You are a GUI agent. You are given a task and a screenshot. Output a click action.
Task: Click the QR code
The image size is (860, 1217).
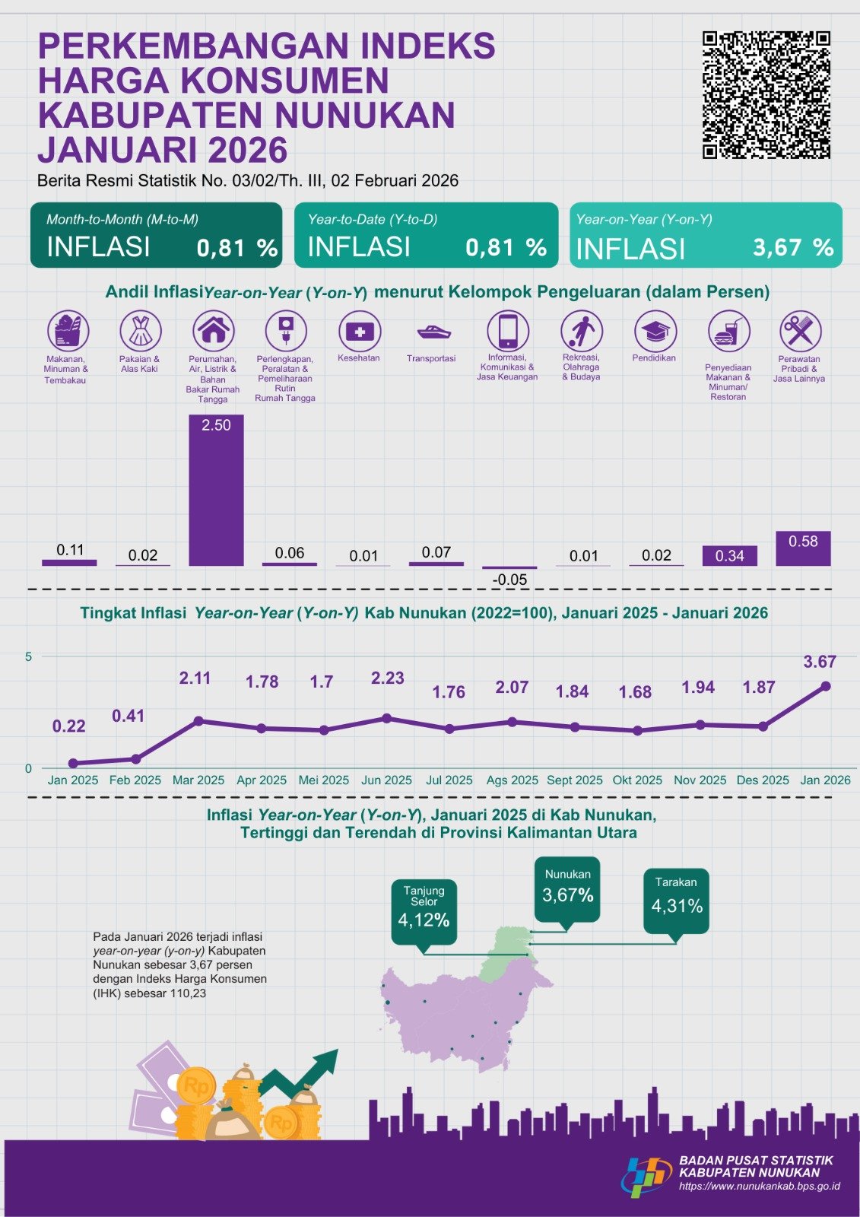(x=766, y=94)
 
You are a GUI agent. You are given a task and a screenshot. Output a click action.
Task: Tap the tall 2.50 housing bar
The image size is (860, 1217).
(x=216, y=491)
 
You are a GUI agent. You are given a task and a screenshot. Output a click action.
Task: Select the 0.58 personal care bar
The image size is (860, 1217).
(x=803, y=548)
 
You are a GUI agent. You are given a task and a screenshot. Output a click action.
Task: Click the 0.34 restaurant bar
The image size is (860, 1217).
(x=729, y=556)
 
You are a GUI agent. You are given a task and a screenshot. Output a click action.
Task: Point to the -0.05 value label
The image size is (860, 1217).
(x=509, y=580)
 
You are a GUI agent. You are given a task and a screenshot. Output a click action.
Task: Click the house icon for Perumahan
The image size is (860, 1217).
(x=213, y=331)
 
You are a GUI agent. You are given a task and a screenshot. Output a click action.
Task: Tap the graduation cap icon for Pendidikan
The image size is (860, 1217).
(x=655, y=332)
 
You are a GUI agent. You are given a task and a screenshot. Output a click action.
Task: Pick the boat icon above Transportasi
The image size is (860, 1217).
(x=433, y=332)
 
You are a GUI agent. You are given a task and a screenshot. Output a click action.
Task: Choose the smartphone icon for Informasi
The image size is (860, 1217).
(x=507, y=332)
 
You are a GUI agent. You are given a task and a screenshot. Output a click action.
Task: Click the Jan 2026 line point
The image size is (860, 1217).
(x=826, y=686)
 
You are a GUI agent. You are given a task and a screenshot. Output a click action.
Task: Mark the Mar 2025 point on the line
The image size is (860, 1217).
(x=198, y=720)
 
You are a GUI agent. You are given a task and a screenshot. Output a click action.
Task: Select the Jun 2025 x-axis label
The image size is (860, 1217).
(x=386, y=780)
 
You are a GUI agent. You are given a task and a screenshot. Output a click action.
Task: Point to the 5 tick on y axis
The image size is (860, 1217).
(x=29, y=656)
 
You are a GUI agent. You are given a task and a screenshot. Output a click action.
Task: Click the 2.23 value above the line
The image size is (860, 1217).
(x=387, y=678)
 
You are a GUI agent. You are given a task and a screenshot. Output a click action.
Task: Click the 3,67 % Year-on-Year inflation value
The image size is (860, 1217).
(x=792, y=247)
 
